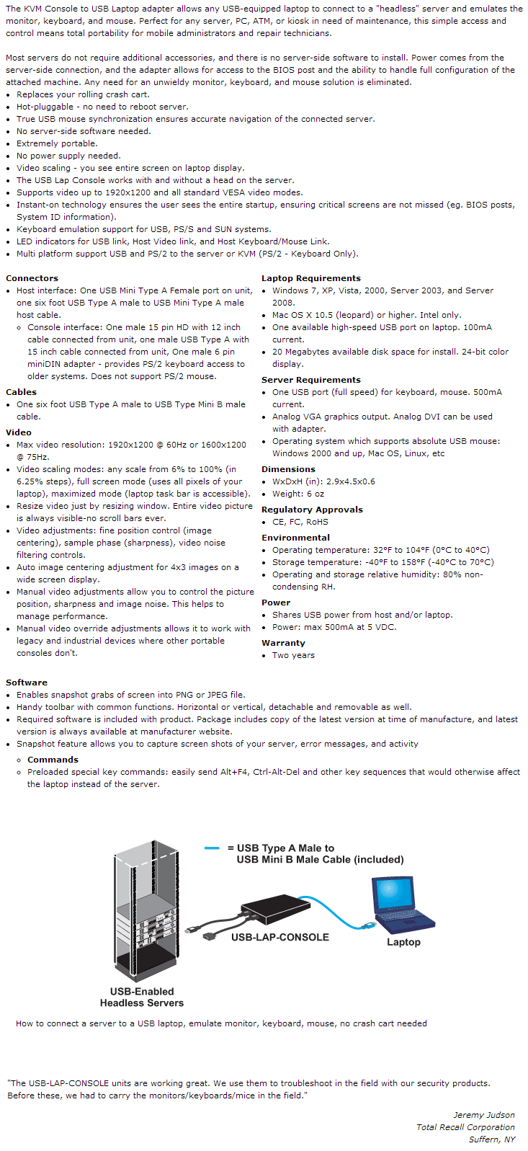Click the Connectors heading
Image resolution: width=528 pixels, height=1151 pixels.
(32, 278)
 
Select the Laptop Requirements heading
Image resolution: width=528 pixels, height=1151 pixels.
(310, 278)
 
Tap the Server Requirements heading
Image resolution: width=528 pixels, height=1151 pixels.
(310, 380)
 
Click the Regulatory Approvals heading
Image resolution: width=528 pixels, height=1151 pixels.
(312, 510)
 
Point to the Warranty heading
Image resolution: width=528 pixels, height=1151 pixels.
(283, 643)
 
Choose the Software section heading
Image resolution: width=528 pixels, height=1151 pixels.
(27, 683)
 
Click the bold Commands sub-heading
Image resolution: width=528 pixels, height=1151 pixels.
(53, 760)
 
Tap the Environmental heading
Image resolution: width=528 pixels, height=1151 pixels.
(295, 538)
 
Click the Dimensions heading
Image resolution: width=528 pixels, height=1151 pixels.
(288, 469)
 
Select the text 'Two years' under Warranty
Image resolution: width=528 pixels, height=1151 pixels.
(293, 655)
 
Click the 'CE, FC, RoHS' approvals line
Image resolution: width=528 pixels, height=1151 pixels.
(300, 522)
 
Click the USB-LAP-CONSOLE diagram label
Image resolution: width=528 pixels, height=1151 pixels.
(279, 937)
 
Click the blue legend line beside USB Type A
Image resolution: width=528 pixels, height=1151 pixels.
(212, 848)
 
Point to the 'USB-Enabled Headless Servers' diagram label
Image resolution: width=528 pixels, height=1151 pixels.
(142, 997)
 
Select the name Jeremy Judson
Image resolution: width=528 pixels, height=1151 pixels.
(483, 1115)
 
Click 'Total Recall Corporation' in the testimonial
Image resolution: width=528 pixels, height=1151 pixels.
(465, 1127)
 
